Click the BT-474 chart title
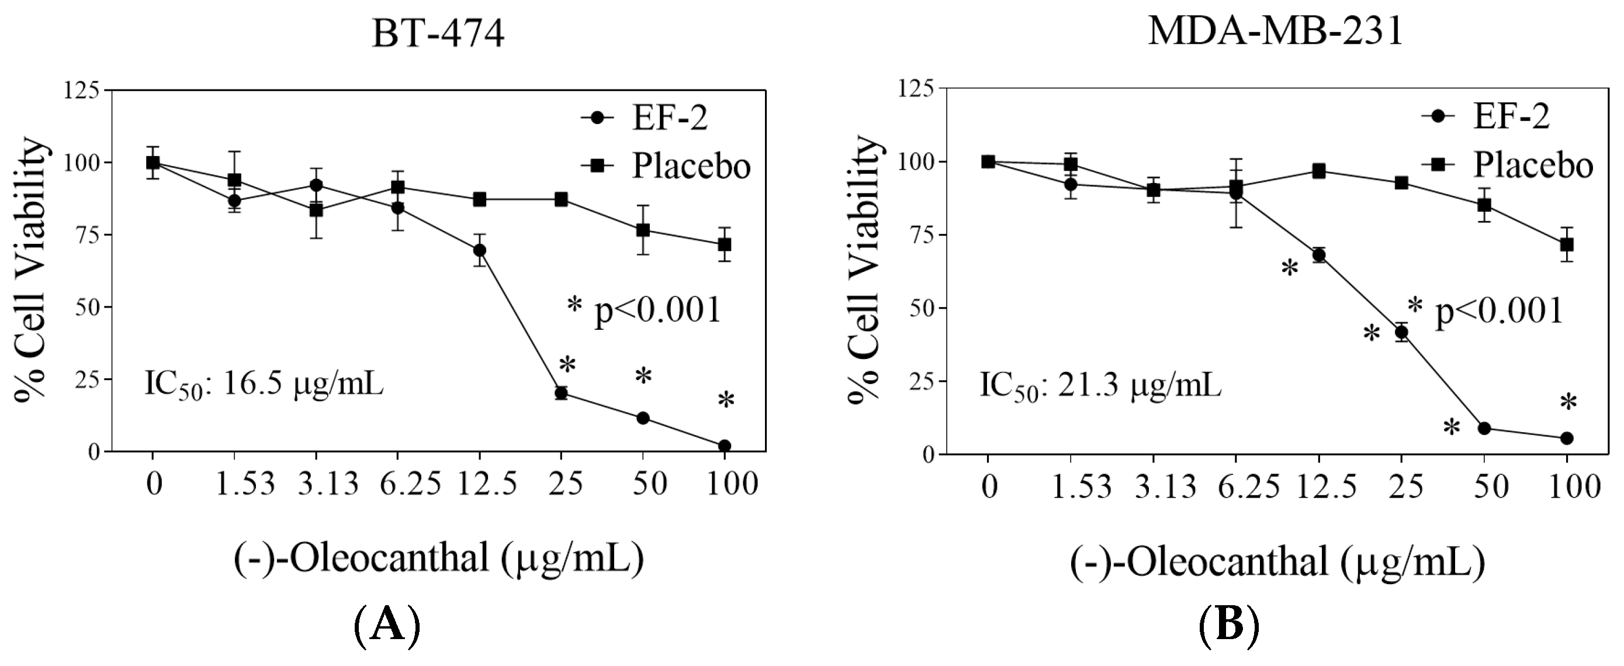[x=438, y=33]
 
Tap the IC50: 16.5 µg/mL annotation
[x=264, y=385]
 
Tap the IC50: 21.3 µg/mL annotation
[x=1100, y=387]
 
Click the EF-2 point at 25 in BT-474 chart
[x=561, y=394]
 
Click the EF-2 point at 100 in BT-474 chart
[x=725, y=446]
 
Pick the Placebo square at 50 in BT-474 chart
[x=643, y=231]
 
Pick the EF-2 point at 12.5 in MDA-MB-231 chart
[x=1319, y=256]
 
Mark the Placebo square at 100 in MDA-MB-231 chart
[x=1567, y=244]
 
